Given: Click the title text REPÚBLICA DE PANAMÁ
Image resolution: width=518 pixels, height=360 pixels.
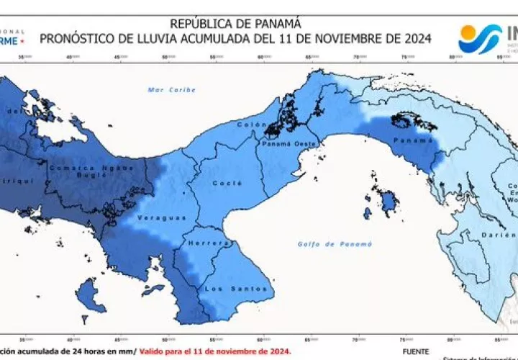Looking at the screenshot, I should (235, 24).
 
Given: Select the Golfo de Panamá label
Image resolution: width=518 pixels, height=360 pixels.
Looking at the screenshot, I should (335, 244).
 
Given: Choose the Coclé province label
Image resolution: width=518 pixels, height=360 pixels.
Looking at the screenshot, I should (222, 183).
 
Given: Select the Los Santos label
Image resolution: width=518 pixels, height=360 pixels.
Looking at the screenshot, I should (225, 289).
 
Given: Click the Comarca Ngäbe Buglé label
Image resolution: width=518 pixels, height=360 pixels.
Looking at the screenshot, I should (91, 171).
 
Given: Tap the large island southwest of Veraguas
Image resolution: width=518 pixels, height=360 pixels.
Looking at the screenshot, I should (88, 294).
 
